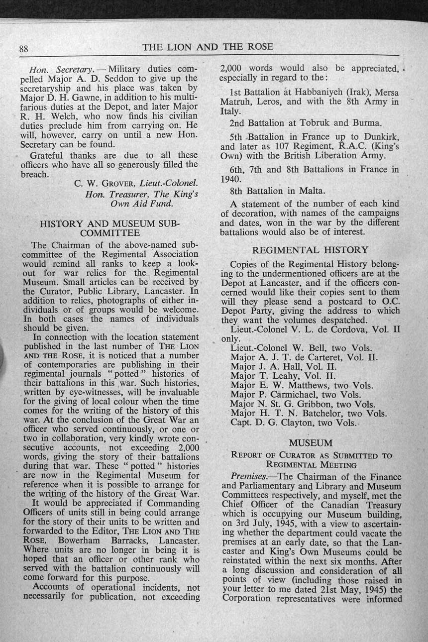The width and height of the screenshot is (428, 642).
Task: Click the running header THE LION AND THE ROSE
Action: point(208,47)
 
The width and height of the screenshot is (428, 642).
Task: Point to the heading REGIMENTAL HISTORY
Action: point(310,250)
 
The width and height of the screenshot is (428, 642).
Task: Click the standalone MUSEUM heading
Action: point(310,442)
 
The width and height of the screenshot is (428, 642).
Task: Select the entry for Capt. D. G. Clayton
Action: point(293,423)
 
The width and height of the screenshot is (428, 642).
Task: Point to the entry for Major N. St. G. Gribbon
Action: point(303,404)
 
